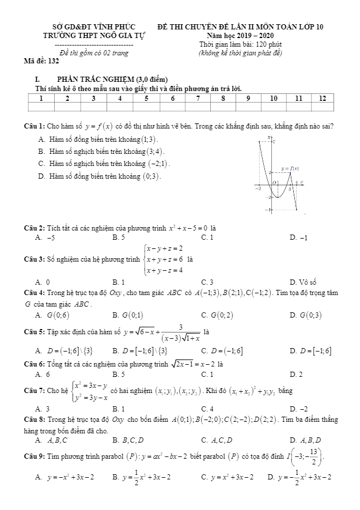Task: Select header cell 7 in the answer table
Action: pos(198,99)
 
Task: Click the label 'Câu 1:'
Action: pos(35,126)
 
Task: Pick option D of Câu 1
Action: pos(99,176)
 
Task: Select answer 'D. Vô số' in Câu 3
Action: pos(304,282)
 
